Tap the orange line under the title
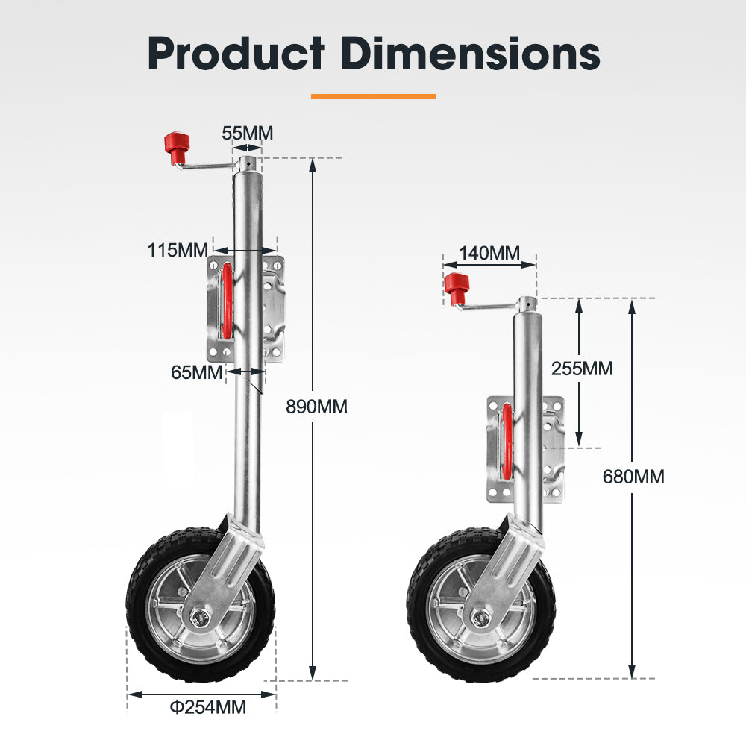pyautogui.click(x=372, y=96)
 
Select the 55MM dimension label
pyautogui.click(x=248, y=134)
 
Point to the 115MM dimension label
pyautogui.click(x=178, y=250)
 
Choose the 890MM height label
pyautogui.click(x=316, y=407)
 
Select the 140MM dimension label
pyautogui.click(x=489, y=253)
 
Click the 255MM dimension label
pyautogui.click(x=581, y=368)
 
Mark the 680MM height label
pyautogui.click(x=633, y=476)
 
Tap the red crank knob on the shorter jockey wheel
pyautogui.click(x=455, y=286)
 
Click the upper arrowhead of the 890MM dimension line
pyautogui.click(x=313, y=166)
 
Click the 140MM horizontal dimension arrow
pyautogui.click(x=489, y=264)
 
